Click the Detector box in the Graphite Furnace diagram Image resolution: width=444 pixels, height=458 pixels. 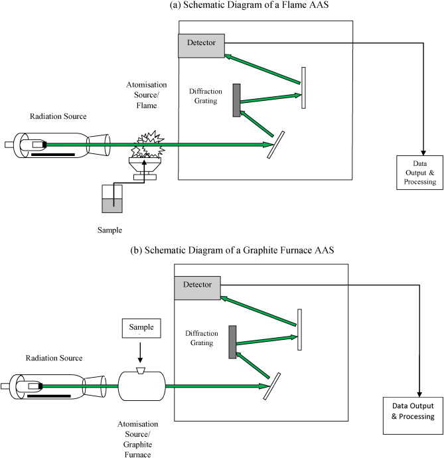(x=197, y=285)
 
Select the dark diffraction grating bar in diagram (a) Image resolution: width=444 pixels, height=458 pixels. (x=236, y=100)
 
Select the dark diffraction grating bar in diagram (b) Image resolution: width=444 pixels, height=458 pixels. (x=232, y=343)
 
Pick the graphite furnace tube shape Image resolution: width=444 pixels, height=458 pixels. (x=141, y=385)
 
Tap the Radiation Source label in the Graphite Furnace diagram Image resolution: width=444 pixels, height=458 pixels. (x=55, y=358)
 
